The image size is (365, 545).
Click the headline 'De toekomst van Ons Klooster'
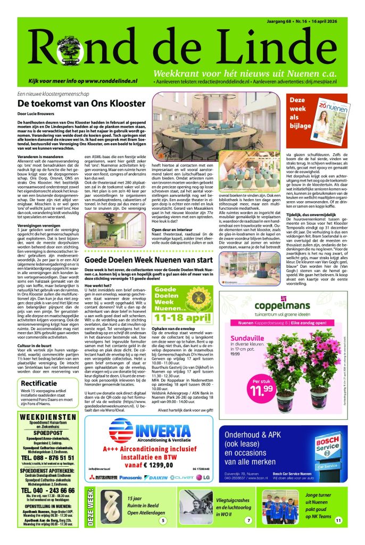[x=77, y=103]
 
